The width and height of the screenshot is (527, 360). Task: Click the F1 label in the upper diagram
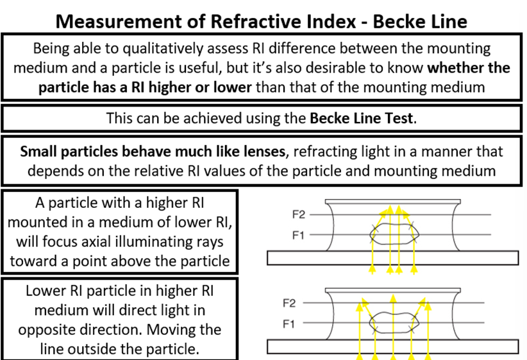[x=298, y=236]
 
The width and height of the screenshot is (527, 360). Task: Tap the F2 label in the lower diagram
[x=290, y=302]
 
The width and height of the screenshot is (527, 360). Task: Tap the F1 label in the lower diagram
[x=290, y=324]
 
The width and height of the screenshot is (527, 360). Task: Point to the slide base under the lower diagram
[x=393, y=346]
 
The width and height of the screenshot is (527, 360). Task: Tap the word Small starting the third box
[x=40, y=151]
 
